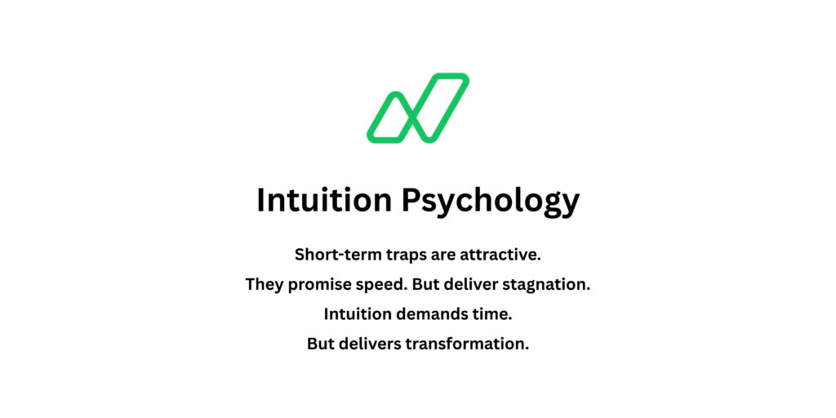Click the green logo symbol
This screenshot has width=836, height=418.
tap(417, 108)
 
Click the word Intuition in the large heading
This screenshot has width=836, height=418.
tap(324, 199)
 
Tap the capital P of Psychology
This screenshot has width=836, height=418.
tap(411, 199)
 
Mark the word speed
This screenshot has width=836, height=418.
tap(383, 286)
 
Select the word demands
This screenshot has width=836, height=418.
tap(438, 314)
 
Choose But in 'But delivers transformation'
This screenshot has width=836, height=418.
tap(321, 344)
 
